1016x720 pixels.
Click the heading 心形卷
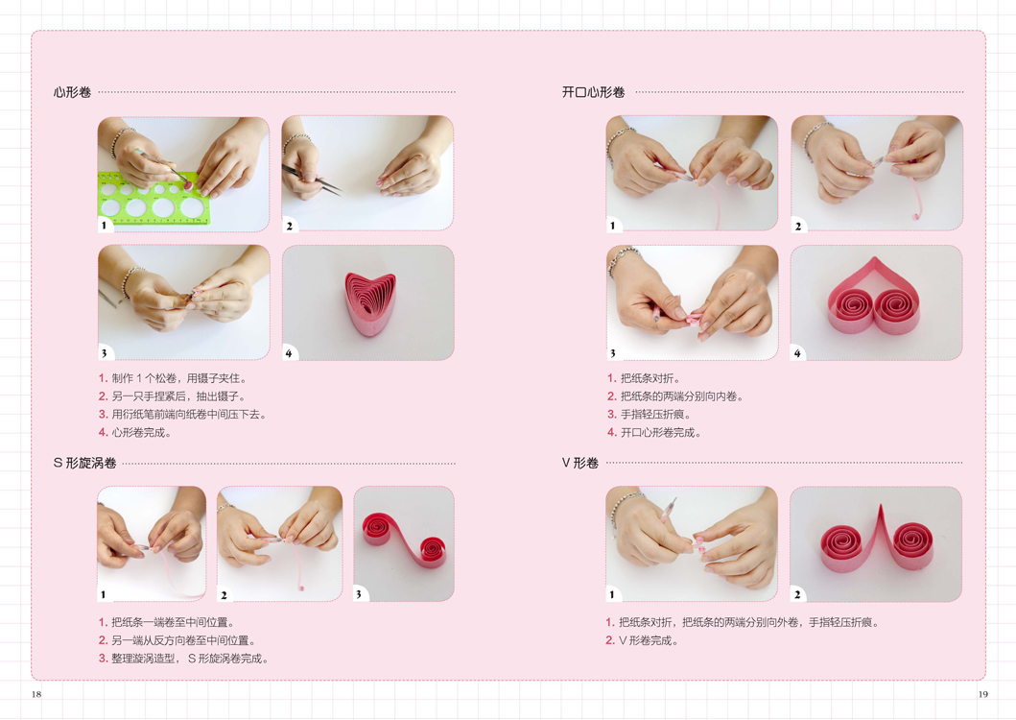coord(72,92)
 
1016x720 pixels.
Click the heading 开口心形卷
coord(593,92)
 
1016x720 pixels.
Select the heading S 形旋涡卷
coord(84,463)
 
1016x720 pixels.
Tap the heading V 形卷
coord(579,463)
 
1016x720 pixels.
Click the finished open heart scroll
coord(875,297)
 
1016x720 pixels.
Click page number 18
coord(36,694)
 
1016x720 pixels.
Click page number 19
coord(983,694)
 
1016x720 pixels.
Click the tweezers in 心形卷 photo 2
coord(313,178)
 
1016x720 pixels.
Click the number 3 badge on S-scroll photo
coord(358,594)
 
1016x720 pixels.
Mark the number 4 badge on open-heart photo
coord(797,353)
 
